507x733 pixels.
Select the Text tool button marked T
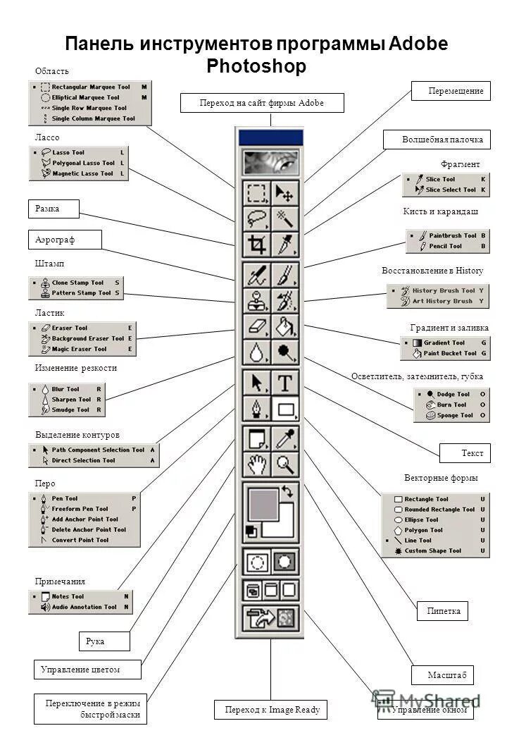285,383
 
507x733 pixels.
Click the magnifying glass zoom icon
285,464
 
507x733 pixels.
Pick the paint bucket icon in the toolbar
285,326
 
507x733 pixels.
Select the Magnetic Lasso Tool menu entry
82,173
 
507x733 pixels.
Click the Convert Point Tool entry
80,541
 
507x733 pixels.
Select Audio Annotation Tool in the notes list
84,607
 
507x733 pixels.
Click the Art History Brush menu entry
442,301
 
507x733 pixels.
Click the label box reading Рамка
54,209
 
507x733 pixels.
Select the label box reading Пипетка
443,611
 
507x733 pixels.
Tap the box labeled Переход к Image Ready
272,710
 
